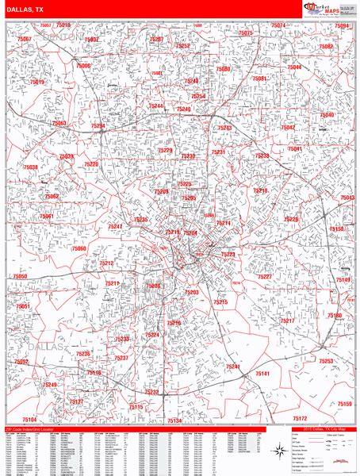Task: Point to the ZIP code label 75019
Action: coord(37,82)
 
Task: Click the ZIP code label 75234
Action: coord(98,125)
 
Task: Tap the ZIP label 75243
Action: coord(224,128)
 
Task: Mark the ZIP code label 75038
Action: coord(30,167)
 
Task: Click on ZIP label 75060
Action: coord(79,248)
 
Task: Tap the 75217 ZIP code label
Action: coord(287,321)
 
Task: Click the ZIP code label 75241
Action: coord(233,367)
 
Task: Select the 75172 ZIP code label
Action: coord(300,417)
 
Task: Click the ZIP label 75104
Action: coord(29,419)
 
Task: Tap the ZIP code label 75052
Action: coord(21,361)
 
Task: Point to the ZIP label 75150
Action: coord(337,229)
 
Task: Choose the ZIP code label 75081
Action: coord(259,79)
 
